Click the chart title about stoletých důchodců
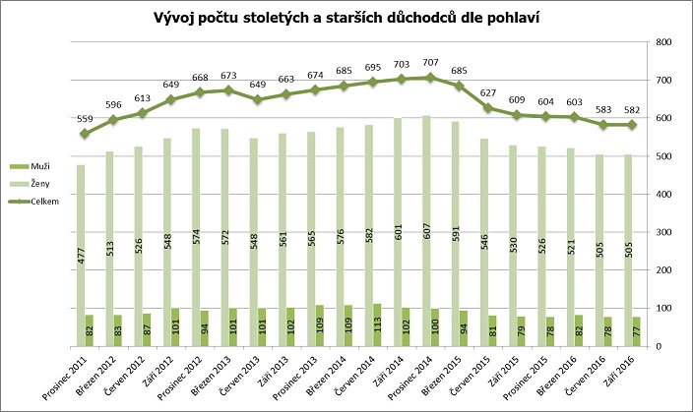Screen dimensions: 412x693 [346, 18]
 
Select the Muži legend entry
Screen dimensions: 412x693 [40, 168]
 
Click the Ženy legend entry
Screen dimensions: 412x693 [40, 184]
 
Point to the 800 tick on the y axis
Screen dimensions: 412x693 [663, 42]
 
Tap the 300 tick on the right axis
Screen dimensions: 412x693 [663, 232]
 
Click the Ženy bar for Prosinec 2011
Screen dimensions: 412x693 [82, 256]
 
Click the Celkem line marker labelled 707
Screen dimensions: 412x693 [429, 78]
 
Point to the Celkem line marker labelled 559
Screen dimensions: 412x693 [86, 134]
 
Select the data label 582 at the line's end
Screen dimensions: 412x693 [632, 111]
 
